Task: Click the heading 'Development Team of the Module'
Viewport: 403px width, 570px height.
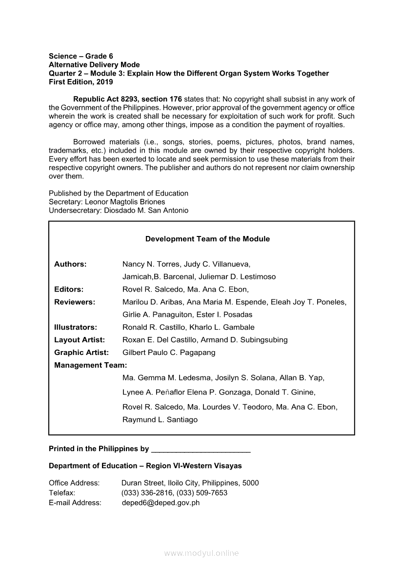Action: [207, 239]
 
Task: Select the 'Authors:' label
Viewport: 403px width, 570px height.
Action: [70, 264]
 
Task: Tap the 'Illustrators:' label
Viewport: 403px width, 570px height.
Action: [76, 327]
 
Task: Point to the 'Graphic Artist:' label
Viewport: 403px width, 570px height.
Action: [81, 353]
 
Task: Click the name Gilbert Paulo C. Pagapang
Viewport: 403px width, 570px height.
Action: [169, 353]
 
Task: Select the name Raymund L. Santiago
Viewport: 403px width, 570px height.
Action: [160, 420]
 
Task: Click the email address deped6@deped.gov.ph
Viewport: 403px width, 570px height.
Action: [161, 503]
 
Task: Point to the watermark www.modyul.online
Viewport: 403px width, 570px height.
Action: [201, 553]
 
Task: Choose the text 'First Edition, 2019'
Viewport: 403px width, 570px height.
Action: [81, 82]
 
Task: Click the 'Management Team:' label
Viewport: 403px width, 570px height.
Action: [90, 365]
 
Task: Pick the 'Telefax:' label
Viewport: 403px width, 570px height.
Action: [62, 493]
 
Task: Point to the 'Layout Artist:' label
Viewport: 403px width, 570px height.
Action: [80, 340]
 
